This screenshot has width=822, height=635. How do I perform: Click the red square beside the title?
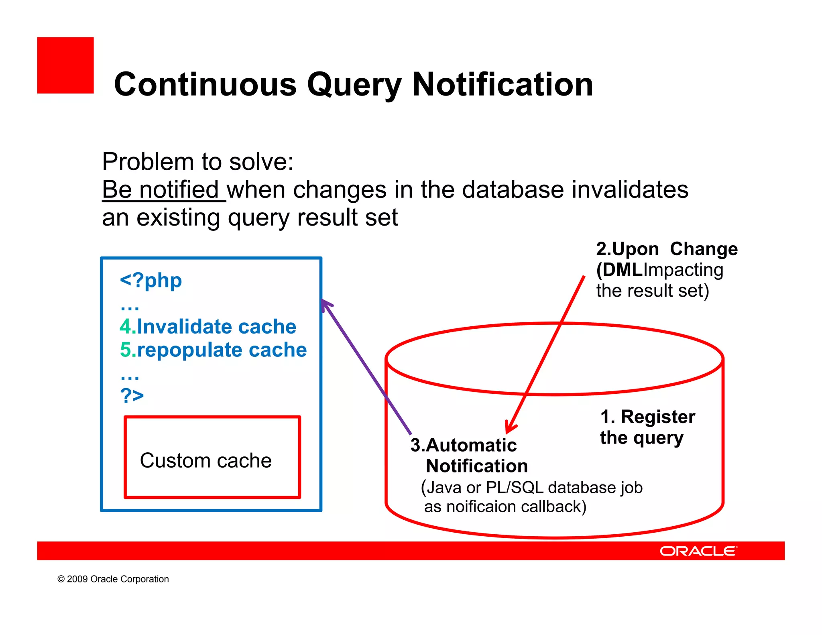click(65, 65)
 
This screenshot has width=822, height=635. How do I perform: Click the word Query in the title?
click(354, 85)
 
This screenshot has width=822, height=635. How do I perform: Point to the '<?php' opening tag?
click(151, 280)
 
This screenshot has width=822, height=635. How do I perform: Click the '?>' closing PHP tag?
click(132, 396)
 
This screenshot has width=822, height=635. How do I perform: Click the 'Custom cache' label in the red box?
click(205, 460)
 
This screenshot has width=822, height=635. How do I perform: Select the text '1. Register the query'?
click(647, 427)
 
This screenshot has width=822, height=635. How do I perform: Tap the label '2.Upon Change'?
click(667, 249)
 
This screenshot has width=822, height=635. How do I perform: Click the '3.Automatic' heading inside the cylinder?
click(464, 445)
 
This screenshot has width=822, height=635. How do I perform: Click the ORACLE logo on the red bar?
click(698, 551)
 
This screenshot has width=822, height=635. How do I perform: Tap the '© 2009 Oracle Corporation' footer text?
click(113, 579)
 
